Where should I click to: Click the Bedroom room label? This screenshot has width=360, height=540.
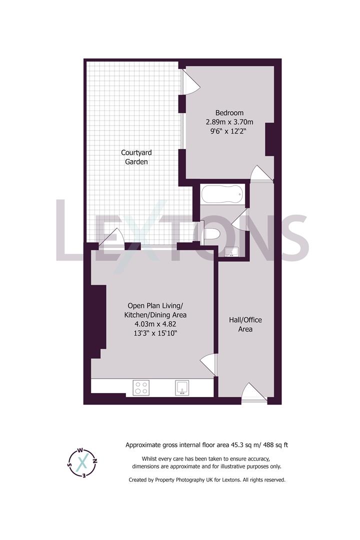click(x=229, y=112)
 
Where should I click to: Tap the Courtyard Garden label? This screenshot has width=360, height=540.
click(x=136, y=157)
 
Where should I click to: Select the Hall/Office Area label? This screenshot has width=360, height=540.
click(x=245, y=324)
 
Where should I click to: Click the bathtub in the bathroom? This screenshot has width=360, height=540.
click(x=223, y=194)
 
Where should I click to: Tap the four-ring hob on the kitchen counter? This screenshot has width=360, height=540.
click(x=141, y=387)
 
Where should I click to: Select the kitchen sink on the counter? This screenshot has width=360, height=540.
click(x=182, y=387)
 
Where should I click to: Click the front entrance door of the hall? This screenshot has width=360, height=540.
click(x=254, y=392)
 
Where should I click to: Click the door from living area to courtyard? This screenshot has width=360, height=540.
click(x=111, y=237)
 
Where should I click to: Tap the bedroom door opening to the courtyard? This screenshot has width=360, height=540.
click(x=189, y=81)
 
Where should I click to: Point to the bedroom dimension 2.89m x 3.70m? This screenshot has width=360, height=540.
click(x=229, y=122)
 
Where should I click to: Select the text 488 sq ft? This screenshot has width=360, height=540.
click(x=275, y=445)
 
